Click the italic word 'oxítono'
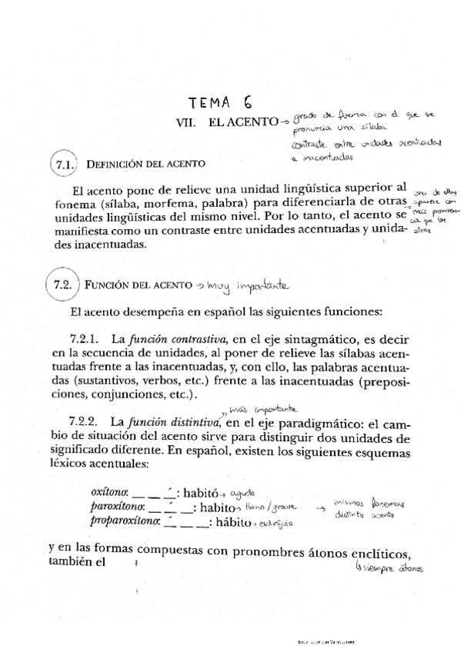pyautogui.click(x=110, y=493)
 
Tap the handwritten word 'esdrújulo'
pyautogui.click(x=278, y=523)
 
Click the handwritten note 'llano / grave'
pyautogui.click(x=276, y=508)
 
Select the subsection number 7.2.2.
pyautogui.click(x=85, y=421)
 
